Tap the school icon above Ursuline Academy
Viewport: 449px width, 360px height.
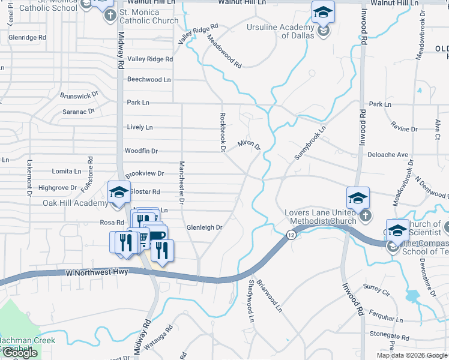click(323, 12)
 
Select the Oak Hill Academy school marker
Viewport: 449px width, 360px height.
click(119, 193)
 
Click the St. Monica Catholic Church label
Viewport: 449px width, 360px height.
click(149, 16)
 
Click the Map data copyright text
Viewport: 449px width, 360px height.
click(411, 355)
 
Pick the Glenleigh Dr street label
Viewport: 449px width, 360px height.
click(204, 228)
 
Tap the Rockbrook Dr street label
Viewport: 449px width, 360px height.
click(222, 131)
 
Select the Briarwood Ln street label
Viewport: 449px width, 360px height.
click(270, 295)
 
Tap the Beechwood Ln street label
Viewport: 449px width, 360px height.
click(148, 79)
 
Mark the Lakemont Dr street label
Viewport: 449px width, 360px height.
click(29, 178)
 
